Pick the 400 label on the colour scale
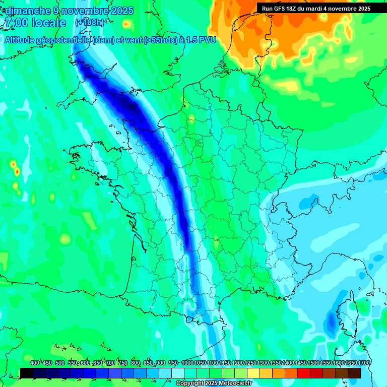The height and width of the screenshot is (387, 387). pos(35,363)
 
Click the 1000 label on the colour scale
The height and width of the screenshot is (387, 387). pos(187,363)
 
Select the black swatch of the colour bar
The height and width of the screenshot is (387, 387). pos(27,373)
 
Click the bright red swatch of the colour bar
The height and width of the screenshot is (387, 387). pos(304,373)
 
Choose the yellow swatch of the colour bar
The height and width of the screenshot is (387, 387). pos(253,373)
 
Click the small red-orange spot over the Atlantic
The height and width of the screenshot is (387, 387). pos(17,172)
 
